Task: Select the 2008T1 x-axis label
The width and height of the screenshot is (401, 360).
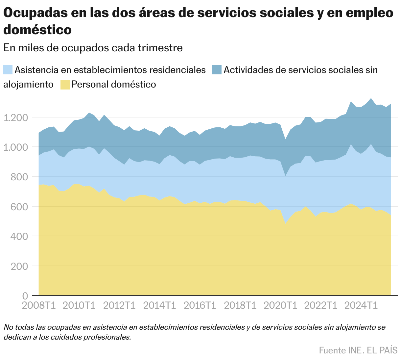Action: point(38,305)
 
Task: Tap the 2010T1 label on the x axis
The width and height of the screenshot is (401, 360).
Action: point(79,305)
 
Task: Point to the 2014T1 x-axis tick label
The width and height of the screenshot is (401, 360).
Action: point(160,305)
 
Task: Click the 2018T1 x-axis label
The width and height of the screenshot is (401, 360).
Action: point(240,305)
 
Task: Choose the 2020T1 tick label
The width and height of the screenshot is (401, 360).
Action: point(281,305)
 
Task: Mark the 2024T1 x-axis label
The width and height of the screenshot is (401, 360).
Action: point(361,305)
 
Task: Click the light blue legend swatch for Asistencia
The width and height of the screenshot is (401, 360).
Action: point(8,70)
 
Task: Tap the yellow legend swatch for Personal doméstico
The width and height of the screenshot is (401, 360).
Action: point(65,85)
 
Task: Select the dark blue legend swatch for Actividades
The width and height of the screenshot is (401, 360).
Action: point(217,70)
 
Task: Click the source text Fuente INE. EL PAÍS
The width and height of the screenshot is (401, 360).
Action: point(358,350)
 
